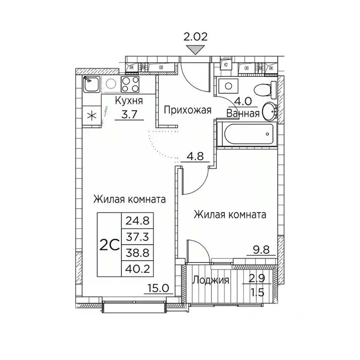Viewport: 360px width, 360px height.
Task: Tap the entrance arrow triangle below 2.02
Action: pyautogui.click(x=195, y=48)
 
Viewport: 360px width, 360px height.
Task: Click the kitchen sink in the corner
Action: pyautogui.click(x=92, y=85)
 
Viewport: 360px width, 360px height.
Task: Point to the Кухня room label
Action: pyautogui.click(x=129, y=101)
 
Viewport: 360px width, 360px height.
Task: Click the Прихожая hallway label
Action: pyautogui.click(x=187, y=111)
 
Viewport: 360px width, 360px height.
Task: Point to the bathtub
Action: pyautogui.click(x=247, y=135)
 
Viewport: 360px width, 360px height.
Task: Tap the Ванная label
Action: pyautogui.click(x=243, y=113)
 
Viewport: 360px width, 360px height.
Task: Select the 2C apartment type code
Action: pyautogui.click(x=109, y=244)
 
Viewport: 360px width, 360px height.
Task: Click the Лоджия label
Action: pyautogui.click(x=211, y=280)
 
